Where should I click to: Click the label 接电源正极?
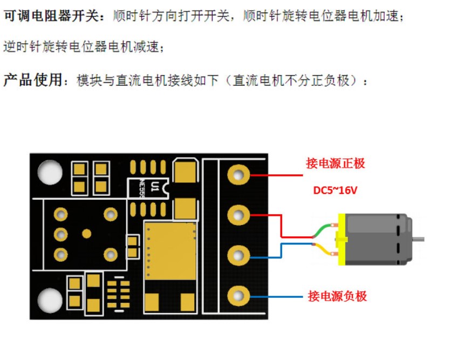[x=336, y=164]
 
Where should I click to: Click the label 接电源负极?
[x=337, y=296]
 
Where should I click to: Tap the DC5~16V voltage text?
[x=335, y=190]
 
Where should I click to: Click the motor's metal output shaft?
[x=419, y=239]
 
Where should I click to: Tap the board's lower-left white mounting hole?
[x=50, y=299]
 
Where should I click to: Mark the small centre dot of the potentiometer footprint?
[x=86, y=234]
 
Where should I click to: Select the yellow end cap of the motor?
[x=341, y=239]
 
